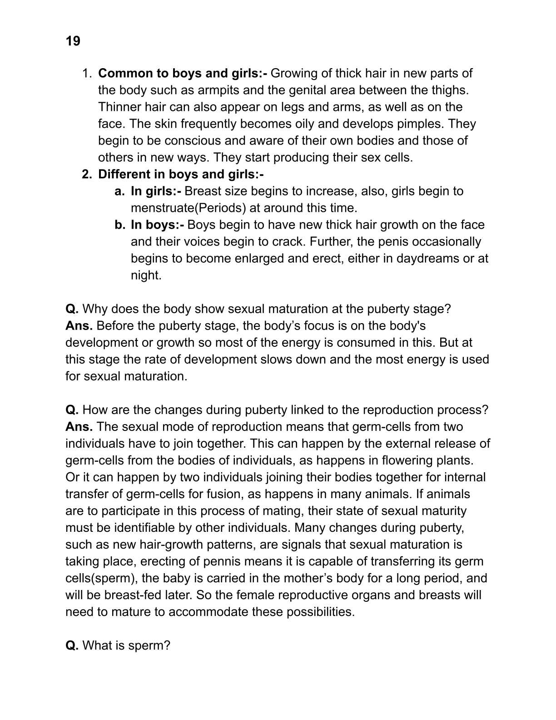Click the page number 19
(x=73, y=41)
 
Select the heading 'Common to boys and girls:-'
(x=183, y=73)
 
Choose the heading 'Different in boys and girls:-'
(x=181, y=174)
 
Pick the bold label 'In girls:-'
(x=156, y=191)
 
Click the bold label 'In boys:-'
(x=157, y=225)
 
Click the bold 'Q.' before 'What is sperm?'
(x=72, y=645)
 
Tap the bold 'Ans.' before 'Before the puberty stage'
(x=79, y=325)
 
